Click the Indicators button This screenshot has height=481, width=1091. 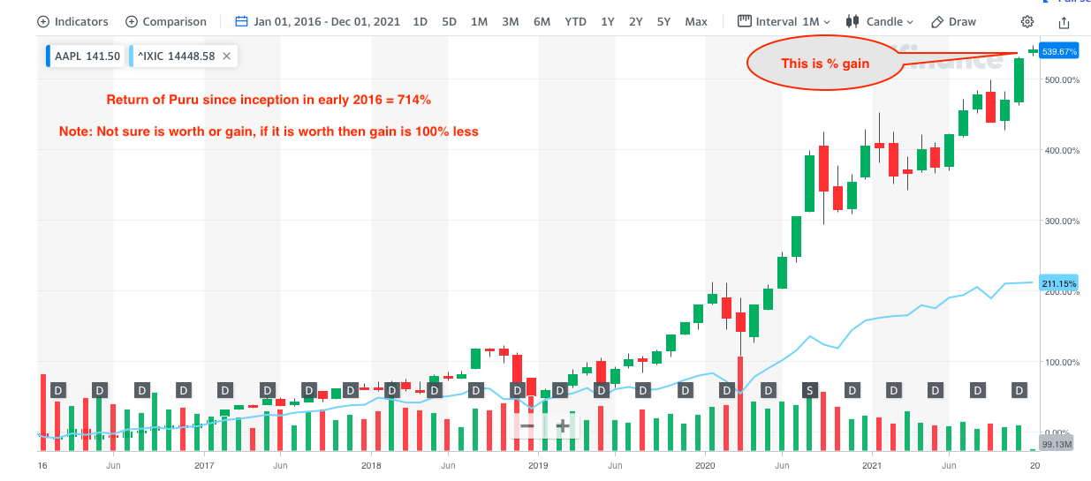pyautogui.click(x=72, y=21)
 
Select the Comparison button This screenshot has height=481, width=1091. pyautogui.click(x=166, y=21)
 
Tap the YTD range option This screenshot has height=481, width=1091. pyautogui.click(x=575, y=21)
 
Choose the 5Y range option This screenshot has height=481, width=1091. pyautogui.click(x=663, y=21)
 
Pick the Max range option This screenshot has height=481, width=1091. pyautogui.click(x=696, y=21)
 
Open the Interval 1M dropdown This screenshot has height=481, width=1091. pyautogui.click(x=784, y=21)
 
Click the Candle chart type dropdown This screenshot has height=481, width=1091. pyautogui.click(x=879, y=21)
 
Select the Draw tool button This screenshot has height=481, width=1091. pyautogui.click(x=954, y=21)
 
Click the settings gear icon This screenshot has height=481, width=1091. pyautogui.click(x=1027, y=21)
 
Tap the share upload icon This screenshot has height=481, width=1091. pyautogui.click(x=1064, y=21)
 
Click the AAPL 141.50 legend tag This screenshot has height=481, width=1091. pyautogui.click(x=85, y=56)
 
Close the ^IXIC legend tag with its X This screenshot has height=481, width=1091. pyautogui.click(x=226, y=56)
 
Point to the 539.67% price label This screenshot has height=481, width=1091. pyautogui.click(x=1060, y=52)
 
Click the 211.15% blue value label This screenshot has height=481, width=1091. pyautogui.click(x=1060, y=283)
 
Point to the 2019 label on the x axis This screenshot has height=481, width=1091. pyautogui.click(x=537, y=464)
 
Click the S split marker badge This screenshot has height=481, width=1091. pyautogui.click(x=809, y=390)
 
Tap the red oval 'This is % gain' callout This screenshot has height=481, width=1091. pyautogui.click(x=824, y=64)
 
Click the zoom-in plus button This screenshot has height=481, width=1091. pyautogui.click(x=562, y=425)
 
